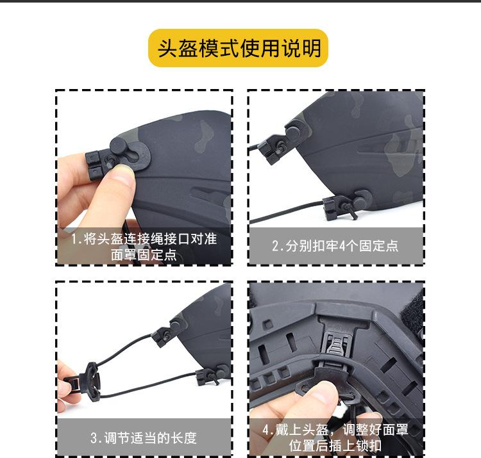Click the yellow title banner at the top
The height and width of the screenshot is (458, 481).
pos(239,49)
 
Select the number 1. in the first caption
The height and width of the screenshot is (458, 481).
pos(77,240)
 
